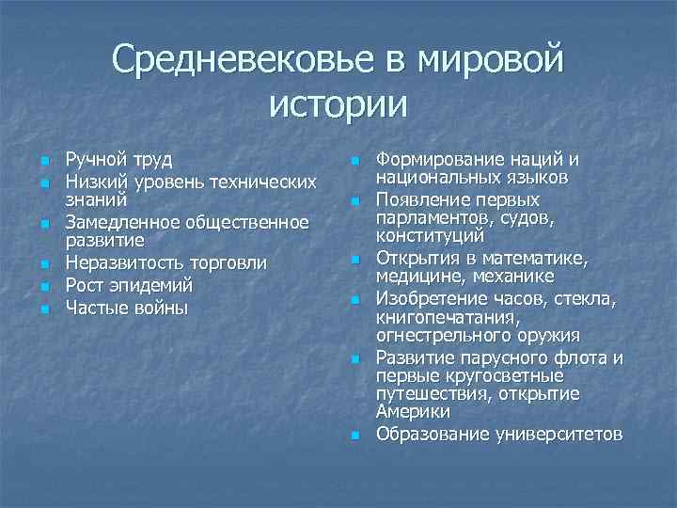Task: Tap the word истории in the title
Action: pos(338,103)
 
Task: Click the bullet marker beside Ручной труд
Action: pos(45,161)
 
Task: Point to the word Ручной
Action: pos(93,161)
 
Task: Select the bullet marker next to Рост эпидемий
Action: pos(45,285)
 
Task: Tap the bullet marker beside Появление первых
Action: pos(355,201)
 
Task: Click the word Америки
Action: pos(413,411)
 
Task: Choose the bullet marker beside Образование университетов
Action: pos(355,436)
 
